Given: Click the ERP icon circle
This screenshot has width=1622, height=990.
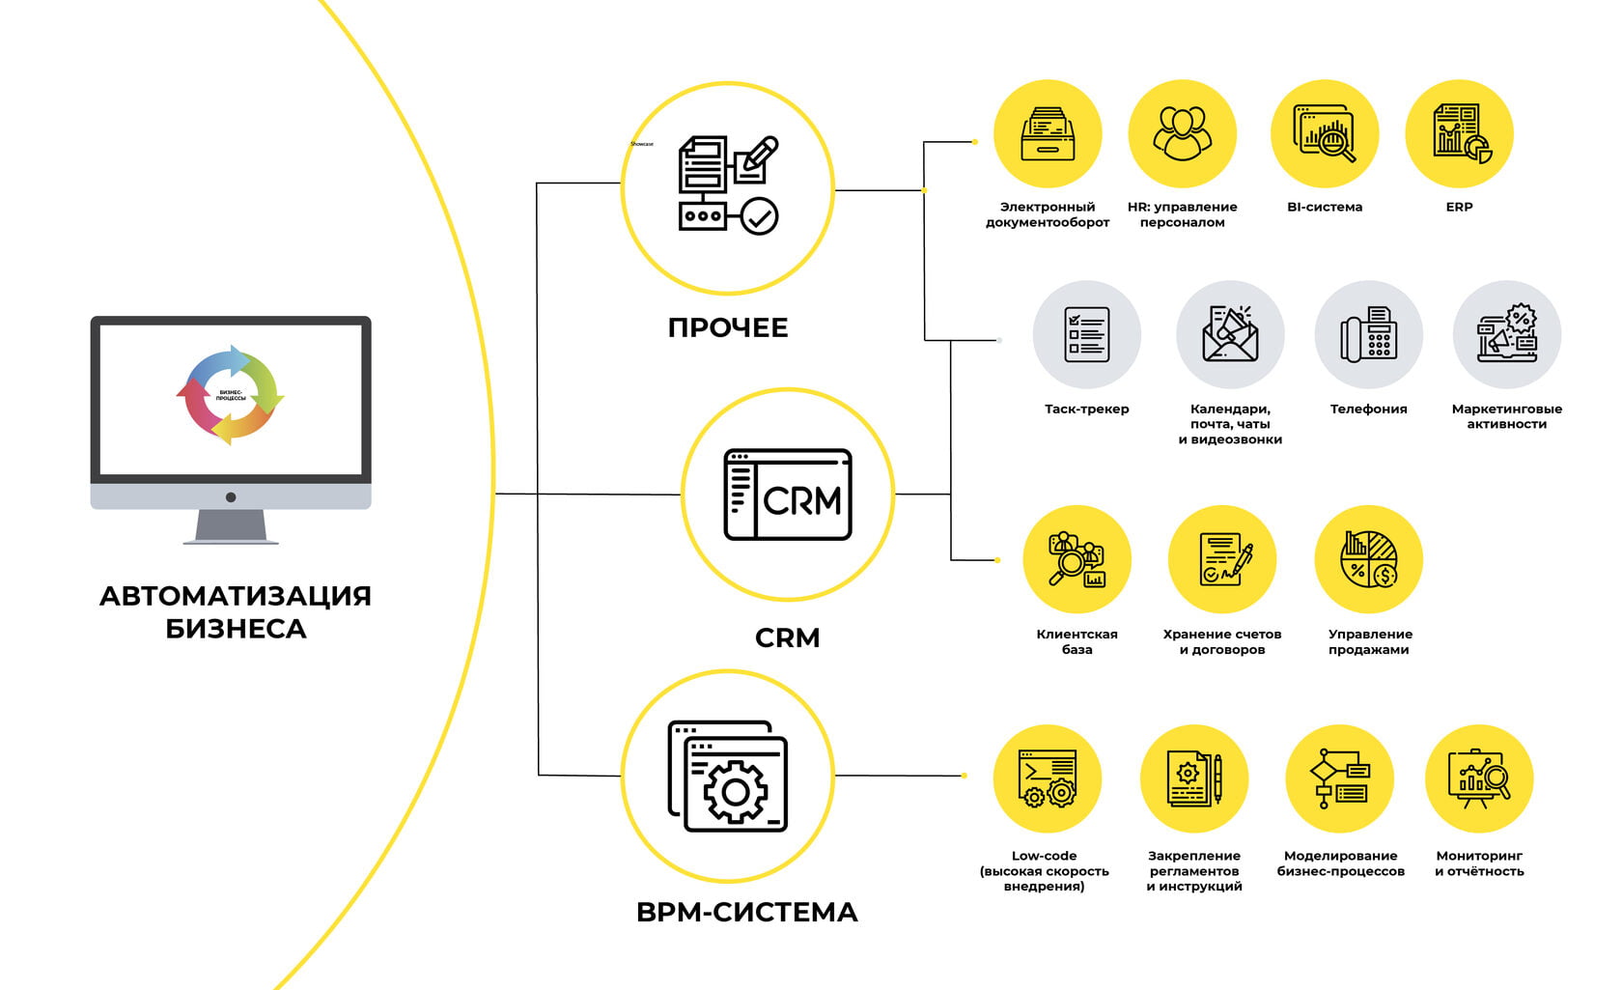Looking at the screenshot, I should [x=1459, y=133].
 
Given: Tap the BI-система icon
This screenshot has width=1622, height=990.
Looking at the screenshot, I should [x=1325, y=133].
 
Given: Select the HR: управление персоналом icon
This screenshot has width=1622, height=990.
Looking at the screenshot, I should [x=1183, y=133].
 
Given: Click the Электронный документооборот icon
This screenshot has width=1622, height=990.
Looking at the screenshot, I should [x=1048, y=133].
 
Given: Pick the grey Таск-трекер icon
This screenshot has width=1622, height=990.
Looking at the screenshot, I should [x=1087, y=334].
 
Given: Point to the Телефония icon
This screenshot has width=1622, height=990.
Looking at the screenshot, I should [x=1368, y=334].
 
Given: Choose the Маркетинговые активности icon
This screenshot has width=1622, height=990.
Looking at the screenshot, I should [x=1507, y=334].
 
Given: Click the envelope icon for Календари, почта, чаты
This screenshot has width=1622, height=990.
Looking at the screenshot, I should [x=1230, y=334].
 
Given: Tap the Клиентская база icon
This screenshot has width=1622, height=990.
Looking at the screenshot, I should [x=1077, y=560].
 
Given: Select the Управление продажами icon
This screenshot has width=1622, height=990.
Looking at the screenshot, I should [x=1369, y=560].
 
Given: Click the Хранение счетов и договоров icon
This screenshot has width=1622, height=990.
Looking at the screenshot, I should [x=1222, y=560].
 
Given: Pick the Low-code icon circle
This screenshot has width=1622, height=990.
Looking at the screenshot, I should [x=1048, y=779].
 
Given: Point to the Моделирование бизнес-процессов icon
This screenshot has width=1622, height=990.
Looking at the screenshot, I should [x=1340, y=779].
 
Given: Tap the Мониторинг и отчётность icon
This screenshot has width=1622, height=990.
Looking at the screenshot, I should [x=1479, y=779].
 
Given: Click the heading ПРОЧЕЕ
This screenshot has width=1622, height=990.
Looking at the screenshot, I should [x=728, y=328].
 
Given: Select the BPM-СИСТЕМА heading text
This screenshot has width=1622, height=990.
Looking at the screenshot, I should [x=747, y=913].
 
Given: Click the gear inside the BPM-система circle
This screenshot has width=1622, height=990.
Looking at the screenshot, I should [x=736, y=792].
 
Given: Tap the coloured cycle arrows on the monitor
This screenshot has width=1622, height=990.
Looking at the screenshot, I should [x=231, y=395].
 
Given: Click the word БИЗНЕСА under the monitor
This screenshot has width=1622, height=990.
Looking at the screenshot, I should [x=236, y=629].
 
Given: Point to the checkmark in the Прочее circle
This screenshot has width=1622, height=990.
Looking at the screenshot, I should [x=760, y=217].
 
